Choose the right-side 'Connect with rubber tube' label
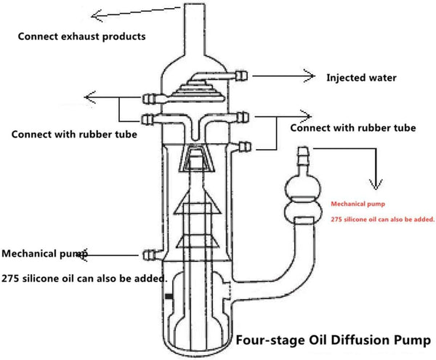pos(352,127)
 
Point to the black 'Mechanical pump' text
pos(44,255)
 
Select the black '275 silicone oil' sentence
pos(84,278)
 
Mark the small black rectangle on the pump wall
pos(168,297)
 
